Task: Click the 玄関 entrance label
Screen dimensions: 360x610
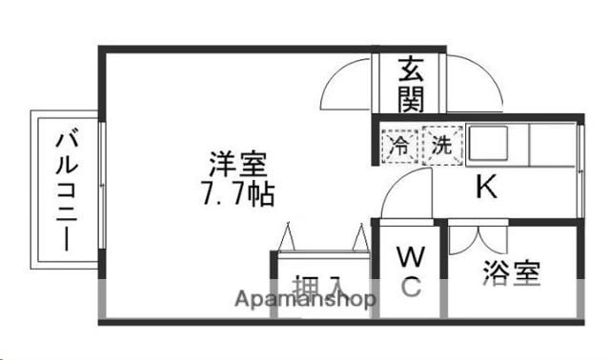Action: [x=410, y=82]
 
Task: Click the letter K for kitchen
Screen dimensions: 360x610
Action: [x=485, y=189]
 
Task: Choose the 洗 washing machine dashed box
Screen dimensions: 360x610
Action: [x=441, y=147]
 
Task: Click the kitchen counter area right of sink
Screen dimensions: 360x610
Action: [x=551, y=148]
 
